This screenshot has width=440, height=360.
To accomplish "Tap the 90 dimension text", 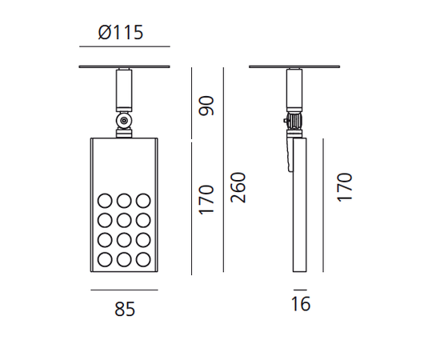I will coord(207,105).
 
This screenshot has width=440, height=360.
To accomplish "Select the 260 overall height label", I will coord(238,188).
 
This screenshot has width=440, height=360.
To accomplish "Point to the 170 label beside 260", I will coord(207,199).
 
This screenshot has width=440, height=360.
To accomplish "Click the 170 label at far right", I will coord(345,186).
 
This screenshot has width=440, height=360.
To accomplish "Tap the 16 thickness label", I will coord(300,305).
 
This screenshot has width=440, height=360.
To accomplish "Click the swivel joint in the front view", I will coord(124,122).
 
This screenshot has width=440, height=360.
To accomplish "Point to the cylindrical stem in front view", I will coord(124,90).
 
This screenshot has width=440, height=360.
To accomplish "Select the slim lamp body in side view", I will coord(299,208).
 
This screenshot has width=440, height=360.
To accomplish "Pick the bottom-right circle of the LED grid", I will coord(143,258).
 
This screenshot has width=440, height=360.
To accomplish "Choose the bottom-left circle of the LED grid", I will coord(106,258).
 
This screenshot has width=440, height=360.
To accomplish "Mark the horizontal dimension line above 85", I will coord(124,289).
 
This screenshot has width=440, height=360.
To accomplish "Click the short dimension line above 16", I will coord(300,289).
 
